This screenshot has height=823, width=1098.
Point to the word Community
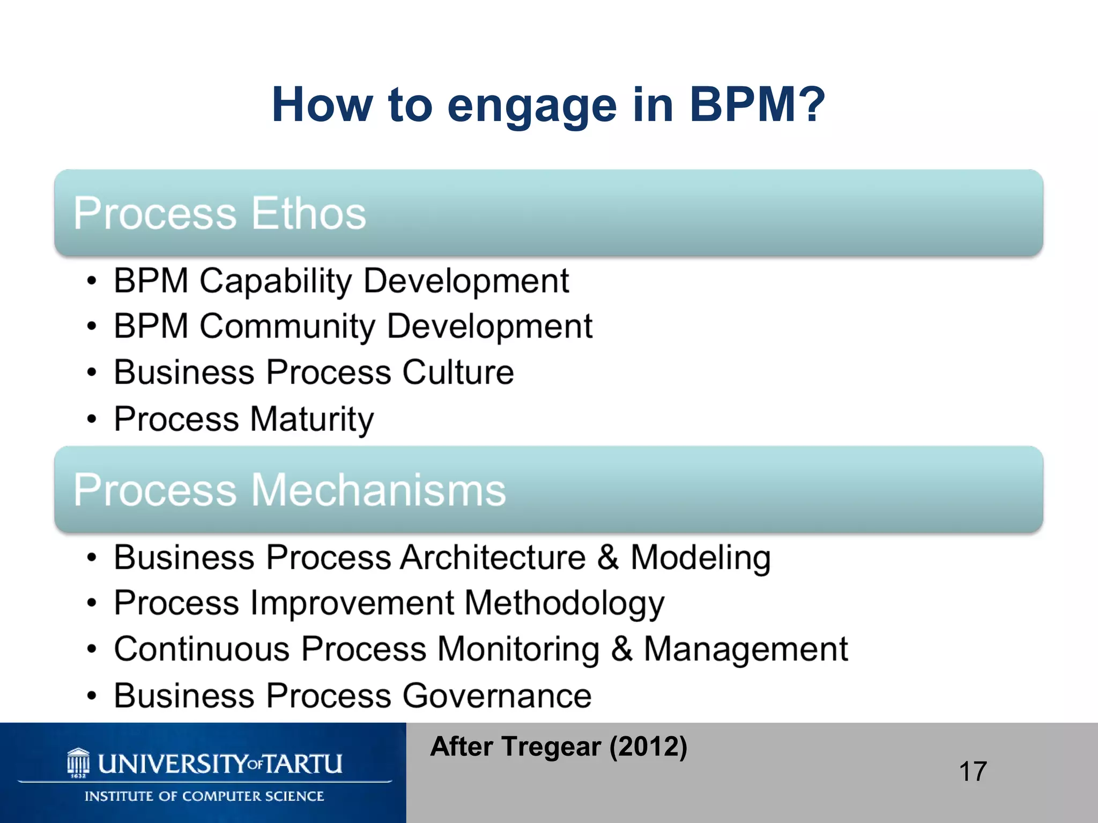click(x=287, y=326)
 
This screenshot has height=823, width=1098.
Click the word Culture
click(x=458, y=372)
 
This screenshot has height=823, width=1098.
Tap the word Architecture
click(x=493, y=557)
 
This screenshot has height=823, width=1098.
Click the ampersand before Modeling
click(x=608, y=557)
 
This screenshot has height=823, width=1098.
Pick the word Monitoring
click(x=518, y=649)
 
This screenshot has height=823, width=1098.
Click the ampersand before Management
click(x=621, y=649)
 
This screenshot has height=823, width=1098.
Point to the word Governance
click(x=496, y=696)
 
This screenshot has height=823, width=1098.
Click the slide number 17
click(x=973, y=772)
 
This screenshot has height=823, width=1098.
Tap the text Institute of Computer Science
click(x=204, y=796)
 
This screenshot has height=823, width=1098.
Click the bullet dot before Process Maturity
click(x=92, y=419)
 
